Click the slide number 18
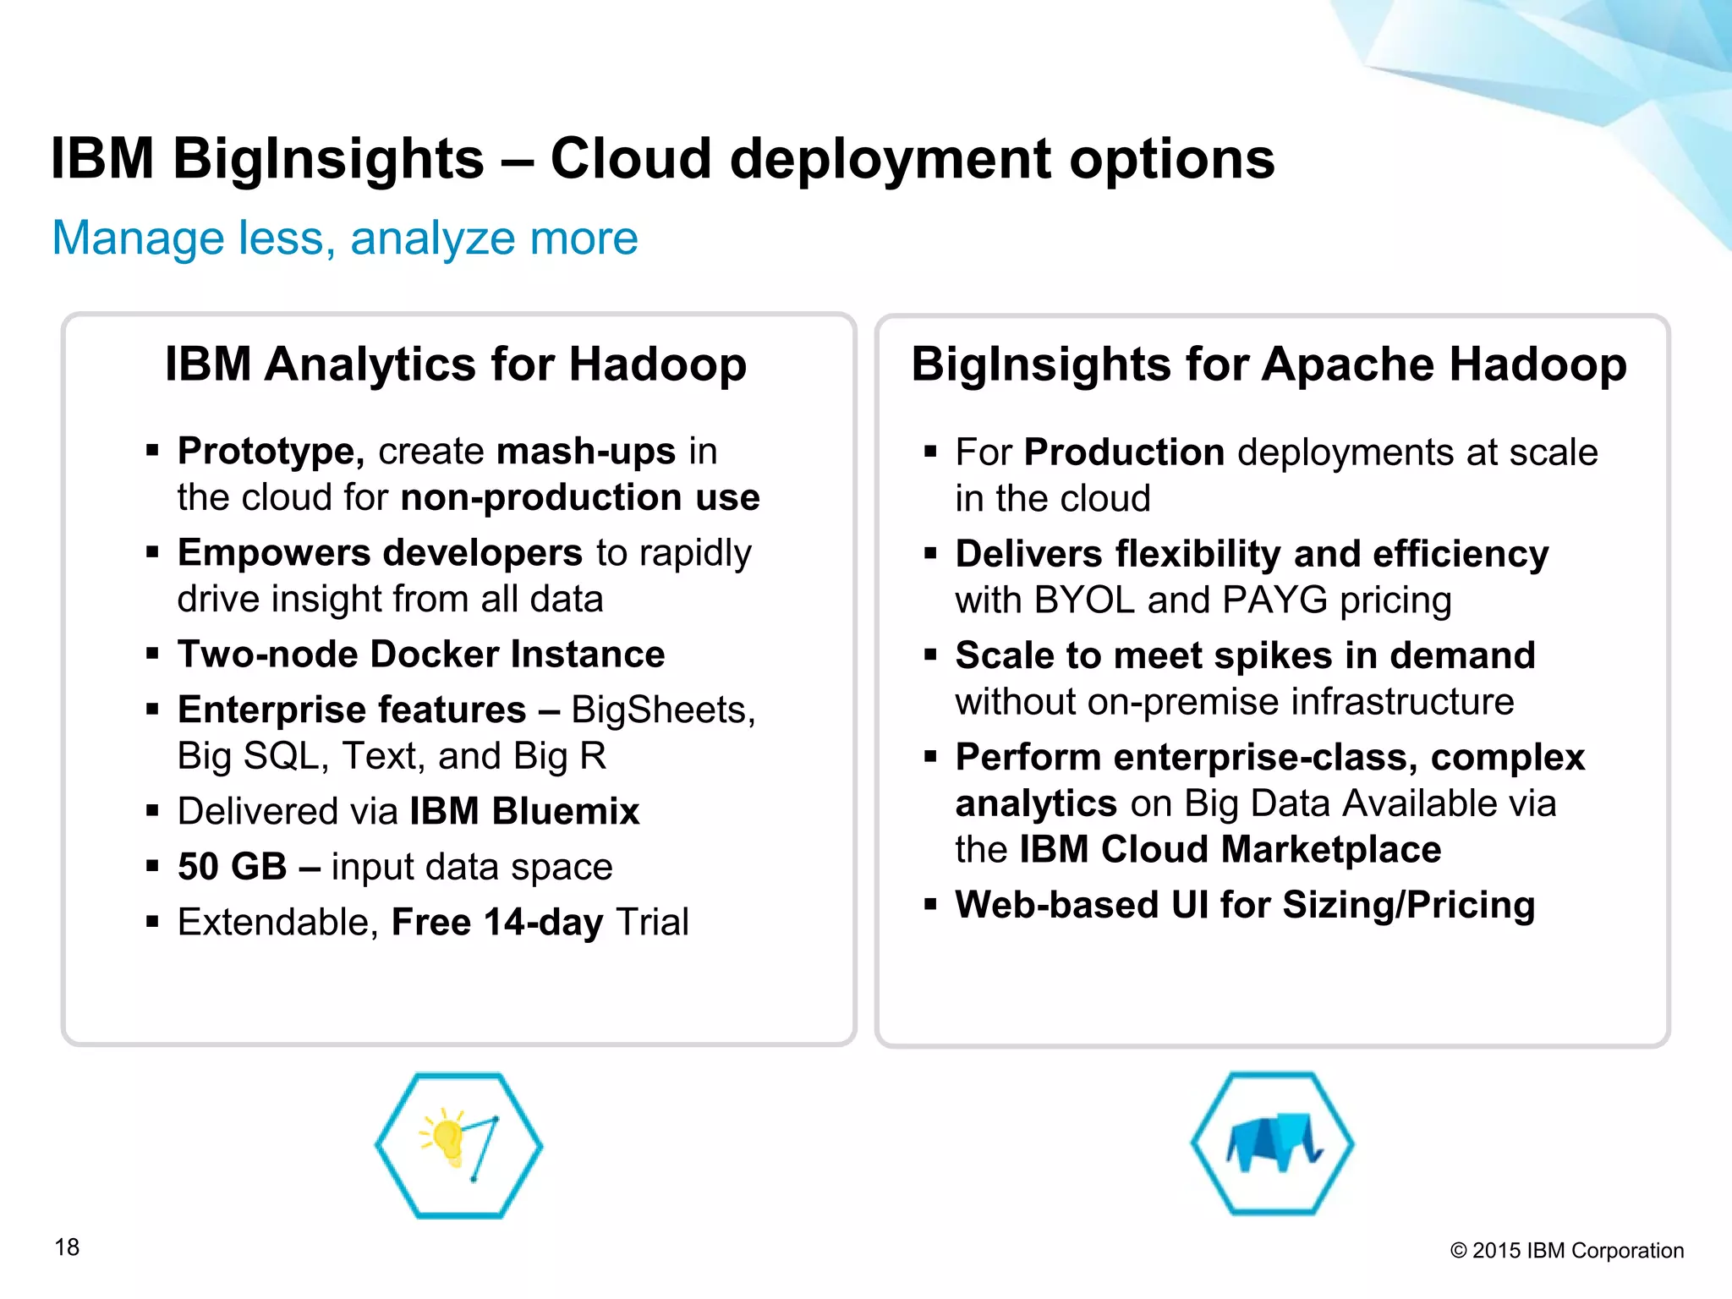click(x=67, y=1247)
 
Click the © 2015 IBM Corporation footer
click(x=1566, y=1251)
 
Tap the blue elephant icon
click(x=1273, y=1144)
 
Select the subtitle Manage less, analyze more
click(x=345, y=238)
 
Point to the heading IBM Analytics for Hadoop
click(x=456, y=364)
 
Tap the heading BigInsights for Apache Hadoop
click(x=1269, y=364)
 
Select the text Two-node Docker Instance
click(x=421, y=654)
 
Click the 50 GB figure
click(x=233, y=867)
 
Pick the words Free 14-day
click(x=497, y=922)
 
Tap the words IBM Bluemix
click(x=524, y=811)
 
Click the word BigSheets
click(x=662, y=710)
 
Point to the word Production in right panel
click(x=1124, y=452)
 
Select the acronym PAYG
click(x=1274, y=600)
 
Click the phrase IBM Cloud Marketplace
click(x=1230, y=849)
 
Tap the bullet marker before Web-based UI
click(x=930, y=904)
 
